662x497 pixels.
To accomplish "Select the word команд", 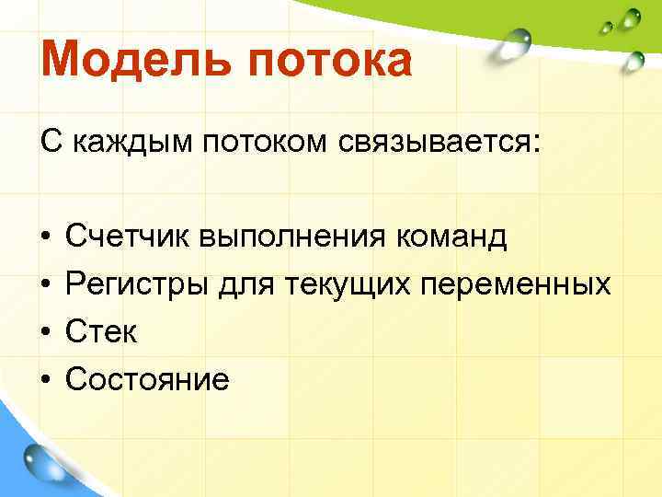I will coord(451,237).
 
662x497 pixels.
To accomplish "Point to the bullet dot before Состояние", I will coord(45,380).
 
